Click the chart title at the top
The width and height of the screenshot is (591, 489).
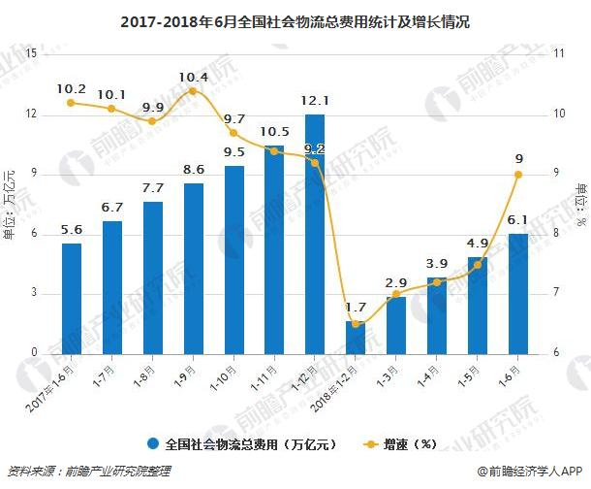coord(295,20)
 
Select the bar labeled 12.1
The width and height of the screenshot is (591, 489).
coord(315,233)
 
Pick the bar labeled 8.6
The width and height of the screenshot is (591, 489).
coord(194,267)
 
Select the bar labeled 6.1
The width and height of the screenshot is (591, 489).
coord(518,292)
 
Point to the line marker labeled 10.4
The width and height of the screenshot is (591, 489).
coord(193,91)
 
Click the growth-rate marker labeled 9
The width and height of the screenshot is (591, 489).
coord(518,175)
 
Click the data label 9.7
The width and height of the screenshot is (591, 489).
coord(234,119)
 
